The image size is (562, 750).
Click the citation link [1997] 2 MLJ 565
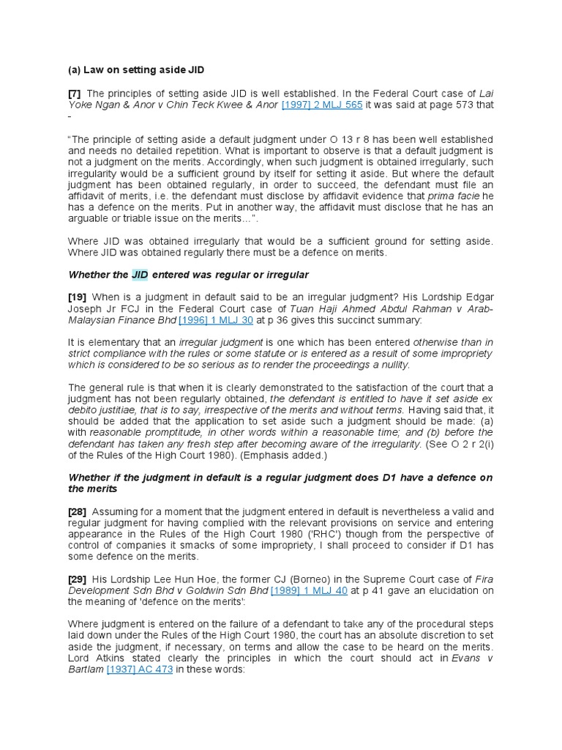click(322, 105)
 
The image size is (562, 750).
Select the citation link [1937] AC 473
click(140, 669)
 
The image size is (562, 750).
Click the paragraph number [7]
click(75, 93)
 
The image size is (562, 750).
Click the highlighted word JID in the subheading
click(140, 274)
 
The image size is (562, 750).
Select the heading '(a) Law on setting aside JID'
click(136, 70)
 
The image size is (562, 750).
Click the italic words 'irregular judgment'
click(222, 342)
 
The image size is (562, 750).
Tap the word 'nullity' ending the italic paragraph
click(389, 365)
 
